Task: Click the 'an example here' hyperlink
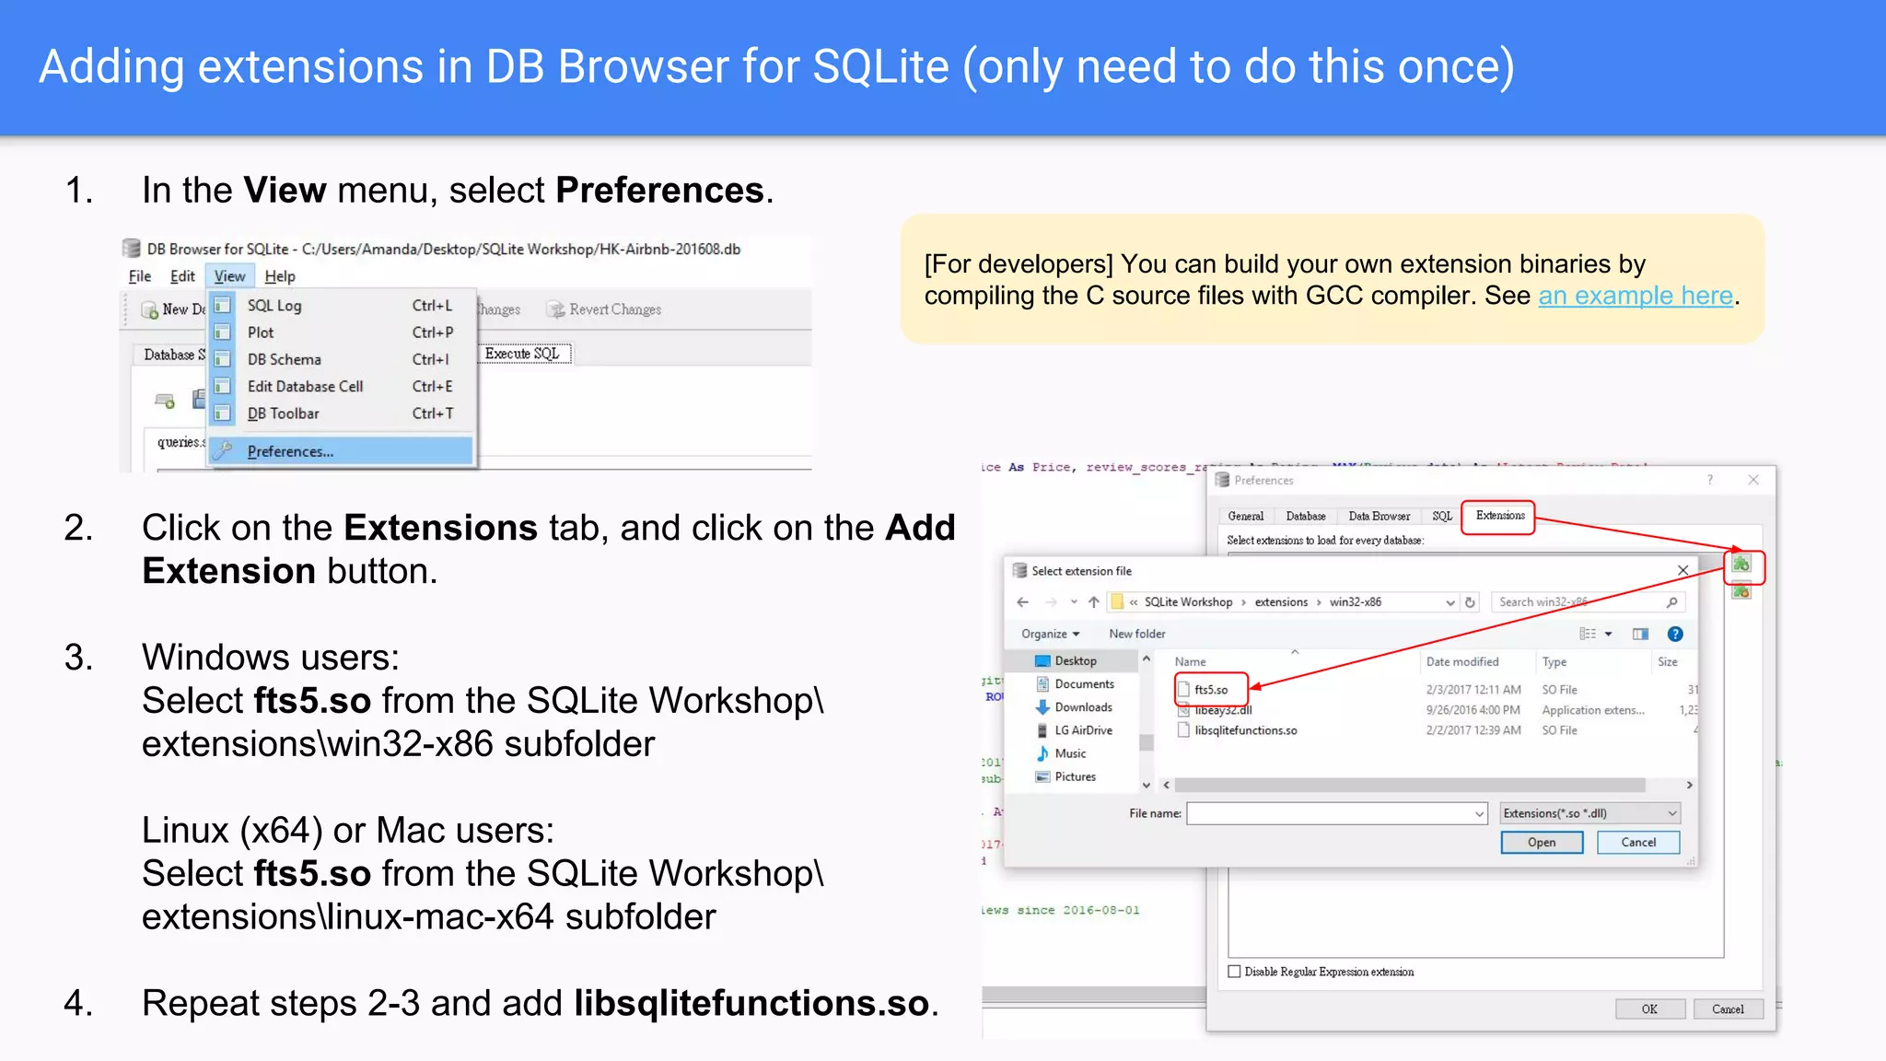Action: point(1636,296)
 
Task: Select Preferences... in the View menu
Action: point(290,451)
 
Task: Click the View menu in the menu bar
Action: point(229,276)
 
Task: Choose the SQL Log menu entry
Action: point(274,306)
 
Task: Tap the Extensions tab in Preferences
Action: point(1499,516)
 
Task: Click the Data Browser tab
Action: point(1379,517)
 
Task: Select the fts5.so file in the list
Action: point(1210,690)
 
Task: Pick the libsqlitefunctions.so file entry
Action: point(1245,730)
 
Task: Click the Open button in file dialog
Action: point(1541,843)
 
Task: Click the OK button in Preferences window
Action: point(1649,1009)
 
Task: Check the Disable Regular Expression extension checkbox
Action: point(1235,972)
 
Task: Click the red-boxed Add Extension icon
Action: point(1741,565)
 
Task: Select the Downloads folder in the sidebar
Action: point(1083,707)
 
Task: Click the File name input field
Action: point(1330,813)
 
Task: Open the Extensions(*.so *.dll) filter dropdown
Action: point(1589,813)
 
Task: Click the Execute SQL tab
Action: point(522,354)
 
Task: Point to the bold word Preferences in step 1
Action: point(659,191)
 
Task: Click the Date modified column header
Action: point(1461,662)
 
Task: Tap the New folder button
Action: point(1136,634)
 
